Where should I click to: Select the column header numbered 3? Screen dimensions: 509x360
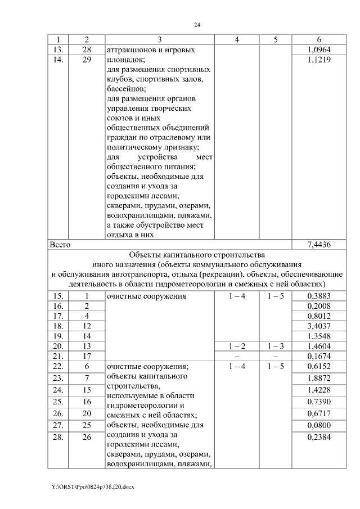coord(159,40)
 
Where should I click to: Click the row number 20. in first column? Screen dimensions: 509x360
coord(58,346)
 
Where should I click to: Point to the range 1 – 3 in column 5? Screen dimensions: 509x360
coord(276,346)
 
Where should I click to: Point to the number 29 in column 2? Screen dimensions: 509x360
coord(87,60)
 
